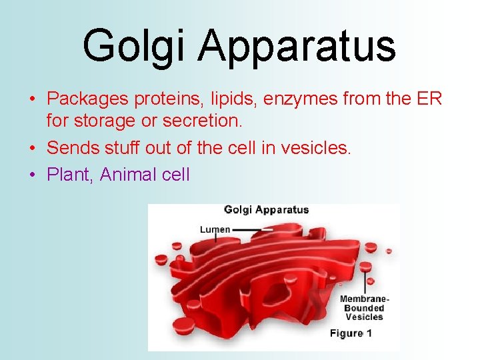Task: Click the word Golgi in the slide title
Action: (134, 45)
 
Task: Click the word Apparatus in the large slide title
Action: (297, 45)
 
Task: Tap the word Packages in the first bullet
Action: (88, 99)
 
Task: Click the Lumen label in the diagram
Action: (215, 229)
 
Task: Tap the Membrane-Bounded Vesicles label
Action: (363, 308)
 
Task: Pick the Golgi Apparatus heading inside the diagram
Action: (266, 210)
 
